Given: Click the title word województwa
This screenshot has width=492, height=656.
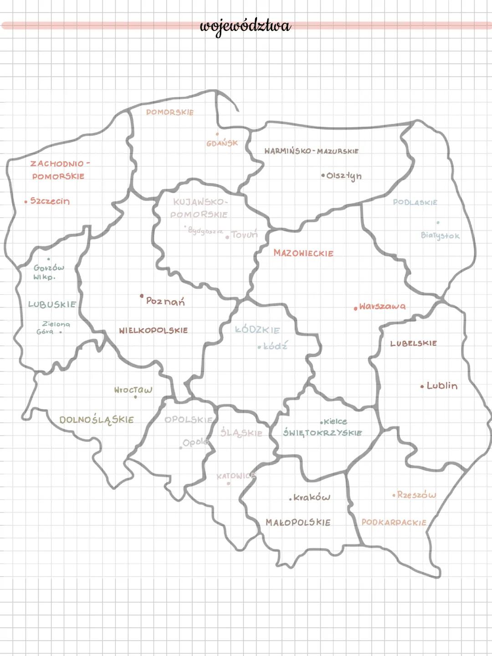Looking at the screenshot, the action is click(x=245, y=26).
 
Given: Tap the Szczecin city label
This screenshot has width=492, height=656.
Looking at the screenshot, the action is click(x=50, y=201).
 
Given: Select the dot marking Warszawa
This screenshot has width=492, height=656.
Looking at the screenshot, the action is click(x=355, y=308).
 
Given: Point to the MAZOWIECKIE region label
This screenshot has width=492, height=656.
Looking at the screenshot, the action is click(x=303, y=253).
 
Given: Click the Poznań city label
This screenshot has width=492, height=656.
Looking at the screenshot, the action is click(x=165, y=301).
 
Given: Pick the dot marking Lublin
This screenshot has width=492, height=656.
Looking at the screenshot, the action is click(x=422, y=386).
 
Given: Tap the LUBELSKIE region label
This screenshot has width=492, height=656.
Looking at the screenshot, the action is click(x=413, y=343).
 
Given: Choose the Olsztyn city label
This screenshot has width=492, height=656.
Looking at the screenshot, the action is click(x=344, y=176).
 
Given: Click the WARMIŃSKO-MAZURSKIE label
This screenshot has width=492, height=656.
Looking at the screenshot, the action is click(x=311, y=151).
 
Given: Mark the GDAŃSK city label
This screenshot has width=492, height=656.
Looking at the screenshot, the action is click(x=222, y=143).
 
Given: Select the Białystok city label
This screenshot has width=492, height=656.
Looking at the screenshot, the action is click(x=440, y=236).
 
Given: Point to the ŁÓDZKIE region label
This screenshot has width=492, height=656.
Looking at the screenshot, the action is click(x=257, y=330).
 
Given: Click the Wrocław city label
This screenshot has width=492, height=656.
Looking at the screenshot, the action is click(x=133, y=390).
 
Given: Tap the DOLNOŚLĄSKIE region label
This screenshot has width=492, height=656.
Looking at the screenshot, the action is click(x=97, y=420).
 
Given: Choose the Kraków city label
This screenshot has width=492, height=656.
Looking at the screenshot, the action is click(x=312, y=497).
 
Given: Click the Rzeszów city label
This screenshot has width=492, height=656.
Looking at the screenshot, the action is click(x=416, y=495).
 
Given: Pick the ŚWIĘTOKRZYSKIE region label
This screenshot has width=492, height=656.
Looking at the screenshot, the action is click(x=323, y=433).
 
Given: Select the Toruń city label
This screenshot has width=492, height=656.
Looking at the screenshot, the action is click(x=244, y=235).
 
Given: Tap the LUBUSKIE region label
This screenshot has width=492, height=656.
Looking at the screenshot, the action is click(x=52, y=304).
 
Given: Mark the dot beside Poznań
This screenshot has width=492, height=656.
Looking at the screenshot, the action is click(x=142, y=296).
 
